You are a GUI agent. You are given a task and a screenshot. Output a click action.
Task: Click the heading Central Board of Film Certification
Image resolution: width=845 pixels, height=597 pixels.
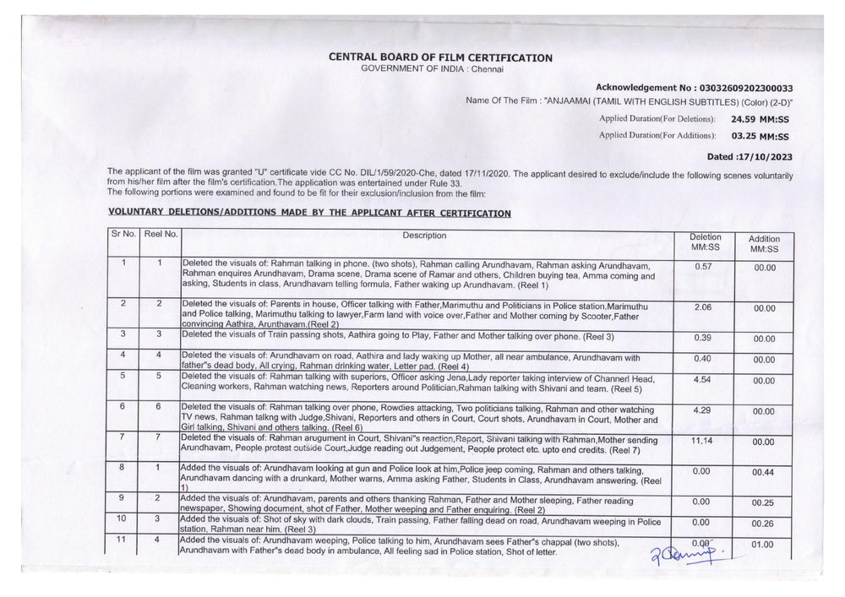(441, 57)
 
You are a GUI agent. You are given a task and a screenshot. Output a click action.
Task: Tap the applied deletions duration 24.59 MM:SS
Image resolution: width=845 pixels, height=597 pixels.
(759, 120)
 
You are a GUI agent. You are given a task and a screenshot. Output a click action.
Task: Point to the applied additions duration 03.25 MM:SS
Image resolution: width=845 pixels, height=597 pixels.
(759, 135)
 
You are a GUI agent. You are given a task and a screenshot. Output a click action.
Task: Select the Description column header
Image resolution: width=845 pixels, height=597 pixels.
(424, 236)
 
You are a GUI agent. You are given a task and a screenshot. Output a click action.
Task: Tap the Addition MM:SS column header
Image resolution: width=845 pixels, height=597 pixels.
(764, 244)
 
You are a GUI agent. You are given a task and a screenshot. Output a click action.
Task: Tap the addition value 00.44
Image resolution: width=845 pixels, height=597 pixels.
(764, 471)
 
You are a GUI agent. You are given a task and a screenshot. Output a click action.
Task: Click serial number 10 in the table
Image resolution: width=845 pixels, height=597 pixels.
(123, 518)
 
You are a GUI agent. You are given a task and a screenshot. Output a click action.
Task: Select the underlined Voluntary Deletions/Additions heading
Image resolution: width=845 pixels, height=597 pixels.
(309, 213)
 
